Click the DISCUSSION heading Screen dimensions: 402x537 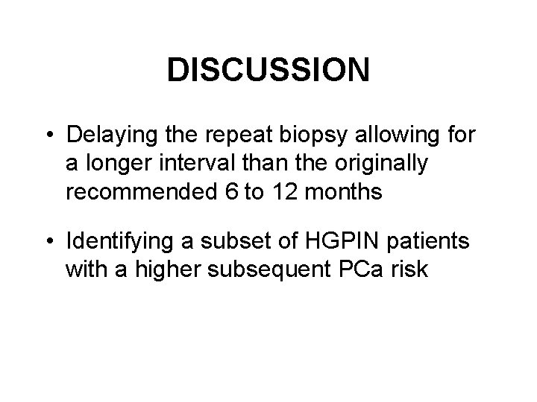coord(268,71)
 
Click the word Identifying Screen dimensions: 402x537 coord(123,243)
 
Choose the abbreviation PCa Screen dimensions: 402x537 coord(363,269)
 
